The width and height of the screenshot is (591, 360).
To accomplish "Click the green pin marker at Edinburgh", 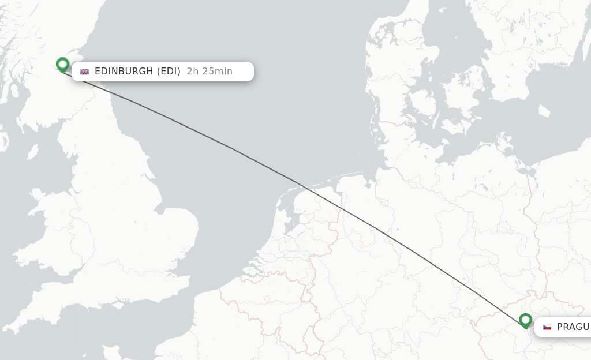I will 62,65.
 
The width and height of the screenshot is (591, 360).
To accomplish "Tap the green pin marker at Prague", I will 525,320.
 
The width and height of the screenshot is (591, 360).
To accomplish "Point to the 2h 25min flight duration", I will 210,72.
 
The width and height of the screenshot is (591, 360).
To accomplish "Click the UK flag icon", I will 85,72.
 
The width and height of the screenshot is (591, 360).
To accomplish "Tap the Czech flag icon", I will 547,327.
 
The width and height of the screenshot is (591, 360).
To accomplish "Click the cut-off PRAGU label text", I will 573,327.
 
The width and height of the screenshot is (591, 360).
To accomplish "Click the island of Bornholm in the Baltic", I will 544,110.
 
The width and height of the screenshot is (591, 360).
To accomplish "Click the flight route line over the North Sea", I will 231,148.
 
